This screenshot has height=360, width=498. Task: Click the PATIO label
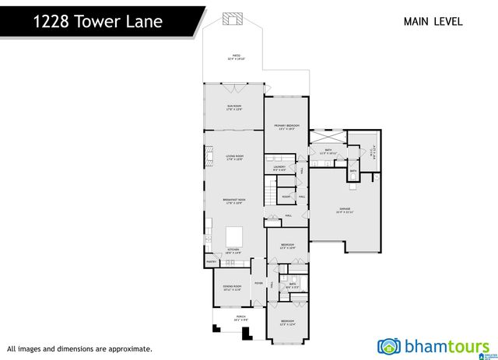click(x=235, y=57)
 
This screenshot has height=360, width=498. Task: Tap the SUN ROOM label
click(x=234, y=107)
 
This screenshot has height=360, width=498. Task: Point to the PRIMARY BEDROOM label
click(x=286, y=126)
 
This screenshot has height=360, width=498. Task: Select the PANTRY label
click(x=210, y=262)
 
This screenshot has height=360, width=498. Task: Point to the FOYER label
click(x=258, y=283)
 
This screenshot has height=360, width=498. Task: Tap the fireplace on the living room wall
click(x=208, y=159)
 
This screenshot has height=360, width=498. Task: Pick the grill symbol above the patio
click(x=233, y=19)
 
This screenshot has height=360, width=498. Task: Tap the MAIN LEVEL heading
click(x=433, y=21)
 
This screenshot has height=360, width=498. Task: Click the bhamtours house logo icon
click(x=389, y=346)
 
